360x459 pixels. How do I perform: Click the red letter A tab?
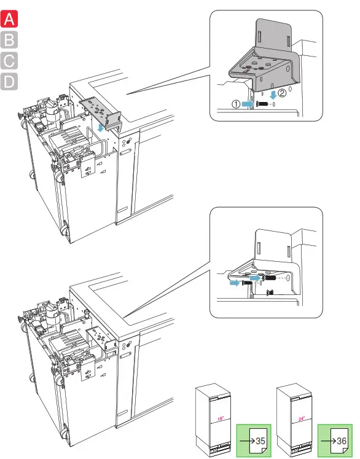(x=9, y=19)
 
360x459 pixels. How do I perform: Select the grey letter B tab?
(x=9, y=40)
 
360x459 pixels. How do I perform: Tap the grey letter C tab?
(x=9, y=61)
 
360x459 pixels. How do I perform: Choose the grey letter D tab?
(x=9, y=81)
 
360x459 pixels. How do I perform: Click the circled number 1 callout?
(x=236, y=104)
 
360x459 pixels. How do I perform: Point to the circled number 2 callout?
(x=281, y=93)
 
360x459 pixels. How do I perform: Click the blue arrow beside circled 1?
(x=248, y=104)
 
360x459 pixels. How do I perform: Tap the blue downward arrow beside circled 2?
(x=273, y=95)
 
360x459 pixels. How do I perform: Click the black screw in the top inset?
(x=262, y=103)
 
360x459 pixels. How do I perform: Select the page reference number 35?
(x=260, y=441)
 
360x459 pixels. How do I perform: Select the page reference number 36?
(x=342, y=441)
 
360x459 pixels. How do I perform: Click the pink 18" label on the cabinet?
(x=221, y=418)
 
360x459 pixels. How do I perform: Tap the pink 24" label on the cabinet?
(x=302, y=418)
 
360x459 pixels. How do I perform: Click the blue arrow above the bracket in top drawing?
(x=101, y=127)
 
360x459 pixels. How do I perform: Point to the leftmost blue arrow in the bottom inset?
(x=235, y=283)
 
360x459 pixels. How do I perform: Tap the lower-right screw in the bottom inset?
(x=270, y=292)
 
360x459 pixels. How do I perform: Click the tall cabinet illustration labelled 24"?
(x=294, y=420)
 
